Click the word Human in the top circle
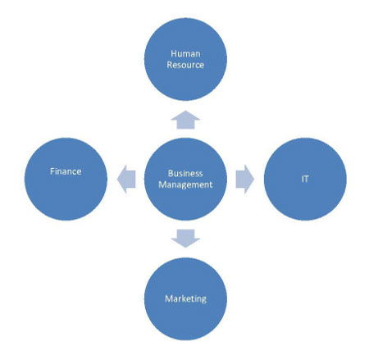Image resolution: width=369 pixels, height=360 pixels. coord(185,53)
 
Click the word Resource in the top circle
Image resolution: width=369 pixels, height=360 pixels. coord(185,65)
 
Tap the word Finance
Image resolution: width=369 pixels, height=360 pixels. coord(66,171)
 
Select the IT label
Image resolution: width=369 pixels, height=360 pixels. coord(305,179)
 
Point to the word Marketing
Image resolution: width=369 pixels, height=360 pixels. coord(185,298)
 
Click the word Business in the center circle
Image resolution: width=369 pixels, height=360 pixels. coord(185,173)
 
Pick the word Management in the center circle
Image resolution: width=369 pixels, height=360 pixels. coord(185,185)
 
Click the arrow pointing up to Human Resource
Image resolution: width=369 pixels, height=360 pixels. coord(185,120)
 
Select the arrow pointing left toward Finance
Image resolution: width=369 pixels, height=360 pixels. coord(126,179)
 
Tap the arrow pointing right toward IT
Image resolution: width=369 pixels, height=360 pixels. coord(245,179)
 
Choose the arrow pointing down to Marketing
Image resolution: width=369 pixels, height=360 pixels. coord(185,239)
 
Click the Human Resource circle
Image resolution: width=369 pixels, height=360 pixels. coord(185,59)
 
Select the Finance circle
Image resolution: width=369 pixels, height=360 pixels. coord(66,179)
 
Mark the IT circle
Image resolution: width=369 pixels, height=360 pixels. coord(305,179)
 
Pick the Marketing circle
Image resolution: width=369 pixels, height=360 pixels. coord(185,298)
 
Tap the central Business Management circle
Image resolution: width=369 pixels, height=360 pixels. coord(185,179)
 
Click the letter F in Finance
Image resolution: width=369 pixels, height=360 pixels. coord(52,171)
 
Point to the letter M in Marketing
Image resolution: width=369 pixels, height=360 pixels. coord(169,298)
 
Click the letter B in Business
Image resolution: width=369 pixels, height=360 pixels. coord(171,173)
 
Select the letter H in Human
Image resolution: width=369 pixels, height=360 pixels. coord(174,53)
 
